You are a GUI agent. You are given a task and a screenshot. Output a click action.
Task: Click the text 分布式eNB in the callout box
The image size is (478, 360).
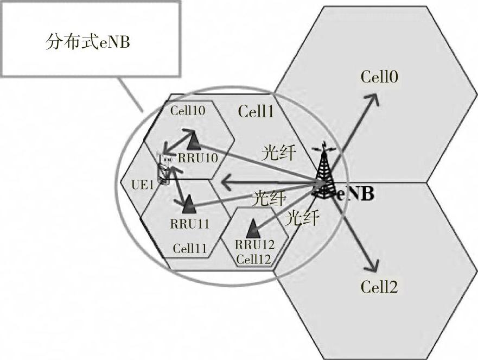[x=87, y=42]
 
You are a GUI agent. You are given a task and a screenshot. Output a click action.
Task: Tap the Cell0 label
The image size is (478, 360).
[x=380, y=77]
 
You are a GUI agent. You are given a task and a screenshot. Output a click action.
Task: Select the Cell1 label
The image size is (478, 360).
[x=256, y=112]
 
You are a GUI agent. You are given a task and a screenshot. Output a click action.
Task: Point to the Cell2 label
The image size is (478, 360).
[x=379, y=287]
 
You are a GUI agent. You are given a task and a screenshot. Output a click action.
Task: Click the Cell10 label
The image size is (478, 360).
[x=187, y=111]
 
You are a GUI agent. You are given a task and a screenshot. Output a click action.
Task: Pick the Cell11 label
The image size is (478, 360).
[x=190, y=249]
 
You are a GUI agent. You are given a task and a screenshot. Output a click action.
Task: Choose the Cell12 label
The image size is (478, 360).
[x=253, y=260]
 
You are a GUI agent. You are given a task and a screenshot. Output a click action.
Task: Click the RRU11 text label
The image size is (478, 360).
[x=190, y=223]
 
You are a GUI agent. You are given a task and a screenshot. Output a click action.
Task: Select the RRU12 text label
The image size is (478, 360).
[x=255, y=244]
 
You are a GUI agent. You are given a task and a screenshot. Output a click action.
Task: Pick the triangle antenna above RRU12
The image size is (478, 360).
[x=252, y=228]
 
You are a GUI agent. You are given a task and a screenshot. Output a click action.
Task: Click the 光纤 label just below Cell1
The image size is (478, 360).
[x=278, y=153]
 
